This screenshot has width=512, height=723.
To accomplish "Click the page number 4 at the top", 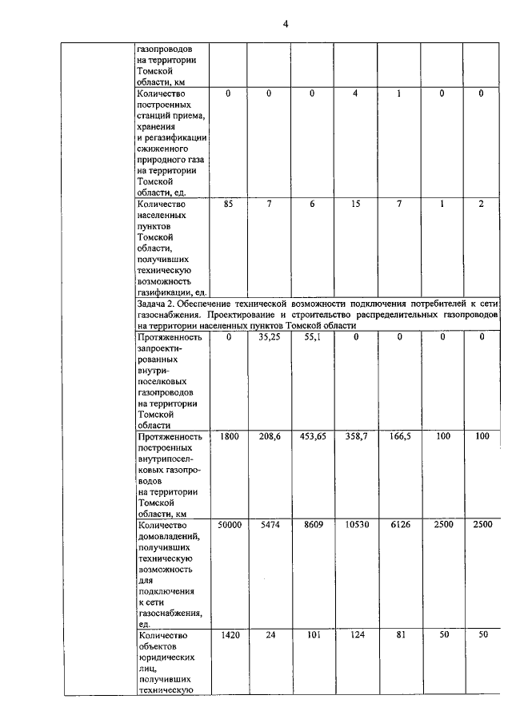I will [286, 23].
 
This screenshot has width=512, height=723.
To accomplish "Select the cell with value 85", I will [229, 205].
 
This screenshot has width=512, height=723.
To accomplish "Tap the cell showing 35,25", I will [268, 338].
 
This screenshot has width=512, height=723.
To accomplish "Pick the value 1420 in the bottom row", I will [229, 635].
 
